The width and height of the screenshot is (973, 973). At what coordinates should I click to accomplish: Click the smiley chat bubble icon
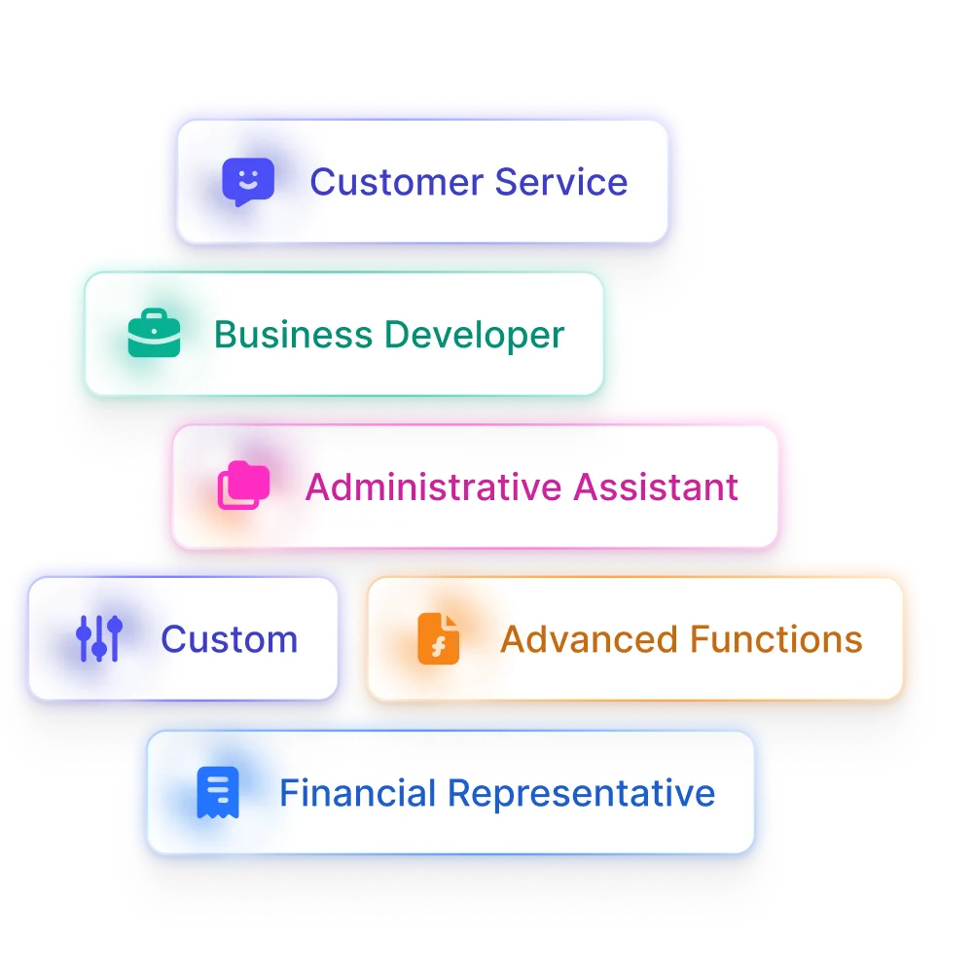(x=247, y=182)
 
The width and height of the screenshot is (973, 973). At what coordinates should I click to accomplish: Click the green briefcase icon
(x=154, y=335)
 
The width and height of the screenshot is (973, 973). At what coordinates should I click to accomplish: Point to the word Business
(x=293, y=335)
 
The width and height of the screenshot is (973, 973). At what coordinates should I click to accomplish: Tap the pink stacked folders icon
(x=243, y=486)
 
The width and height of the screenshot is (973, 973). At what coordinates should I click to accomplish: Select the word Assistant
(x=656, y=486)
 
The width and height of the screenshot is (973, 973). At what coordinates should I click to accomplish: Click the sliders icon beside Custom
(x=98, y=639)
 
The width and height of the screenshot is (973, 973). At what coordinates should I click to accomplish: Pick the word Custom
(x=229, y=639)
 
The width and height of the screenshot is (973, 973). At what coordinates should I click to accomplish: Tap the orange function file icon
(x=438, y=639)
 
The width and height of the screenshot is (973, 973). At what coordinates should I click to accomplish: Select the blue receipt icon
(x=217, y=793)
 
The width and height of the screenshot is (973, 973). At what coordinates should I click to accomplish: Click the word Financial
(x=357, y=793)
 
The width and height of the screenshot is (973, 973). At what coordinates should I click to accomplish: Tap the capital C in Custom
(x=173, y=639)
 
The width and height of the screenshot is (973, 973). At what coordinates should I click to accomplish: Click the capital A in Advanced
(x=512, y=639)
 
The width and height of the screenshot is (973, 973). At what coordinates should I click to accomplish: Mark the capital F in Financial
(x=288, y=793)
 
